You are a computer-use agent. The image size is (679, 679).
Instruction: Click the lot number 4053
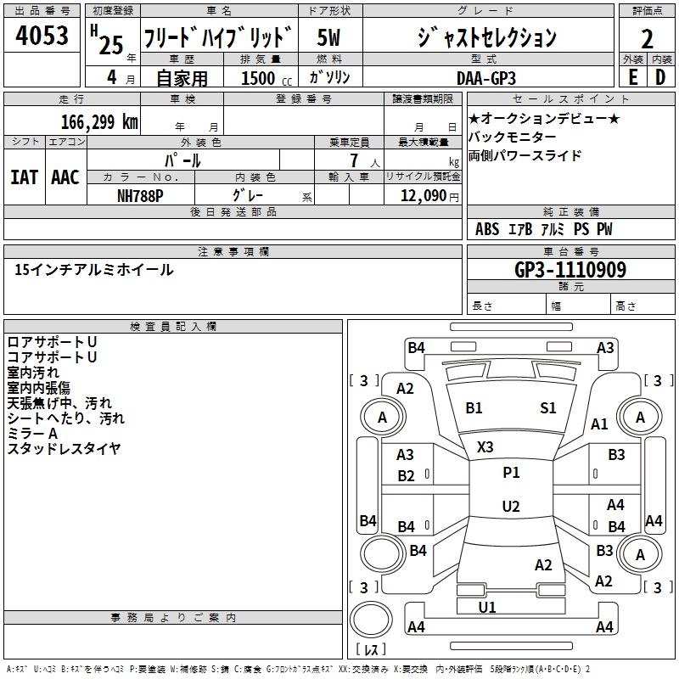[42, 35]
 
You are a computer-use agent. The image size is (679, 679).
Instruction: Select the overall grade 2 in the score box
[647, 39]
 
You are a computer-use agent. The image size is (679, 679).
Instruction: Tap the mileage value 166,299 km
[99, 121]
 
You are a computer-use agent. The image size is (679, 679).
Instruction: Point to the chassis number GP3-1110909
[570, 270]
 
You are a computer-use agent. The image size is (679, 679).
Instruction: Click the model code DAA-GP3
[486, 78]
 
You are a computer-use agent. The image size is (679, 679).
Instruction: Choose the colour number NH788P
[140, 196]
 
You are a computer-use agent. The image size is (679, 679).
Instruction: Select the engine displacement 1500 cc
[267, 78]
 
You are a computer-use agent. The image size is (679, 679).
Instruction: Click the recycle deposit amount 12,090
[423, 196]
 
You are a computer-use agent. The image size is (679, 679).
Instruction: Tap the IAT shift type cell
[25, 177]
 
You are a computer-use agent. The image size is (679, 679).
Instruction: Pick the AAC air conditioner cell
[65, 177]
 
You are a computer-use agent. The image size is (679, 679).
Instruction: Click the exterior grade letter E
[632, 77]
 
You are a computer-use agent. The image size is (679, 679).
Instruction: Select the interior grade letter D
[660, 77]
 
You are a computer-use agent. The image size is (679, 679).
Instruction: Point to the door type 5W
[328, 37]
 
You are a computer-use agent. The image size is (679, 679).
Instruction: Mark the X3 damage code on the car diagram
[485, 447]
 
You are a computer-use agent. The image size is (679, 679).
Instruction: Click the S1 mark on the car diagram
[547, 408]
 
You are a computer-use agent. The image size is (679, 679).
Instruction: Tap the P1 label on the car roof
[511, 472]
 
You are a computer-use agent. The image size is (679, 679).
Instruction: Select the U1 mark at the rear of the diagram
[487, 607]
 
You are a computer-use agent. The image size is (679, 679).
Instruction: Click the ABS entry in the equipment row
[487, 229]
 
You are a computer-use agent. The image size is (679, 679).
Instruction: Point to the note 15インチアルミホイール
[94, 270]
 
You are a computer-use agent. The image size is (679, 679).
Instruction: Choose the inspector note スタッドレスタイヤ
[65, 449]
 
